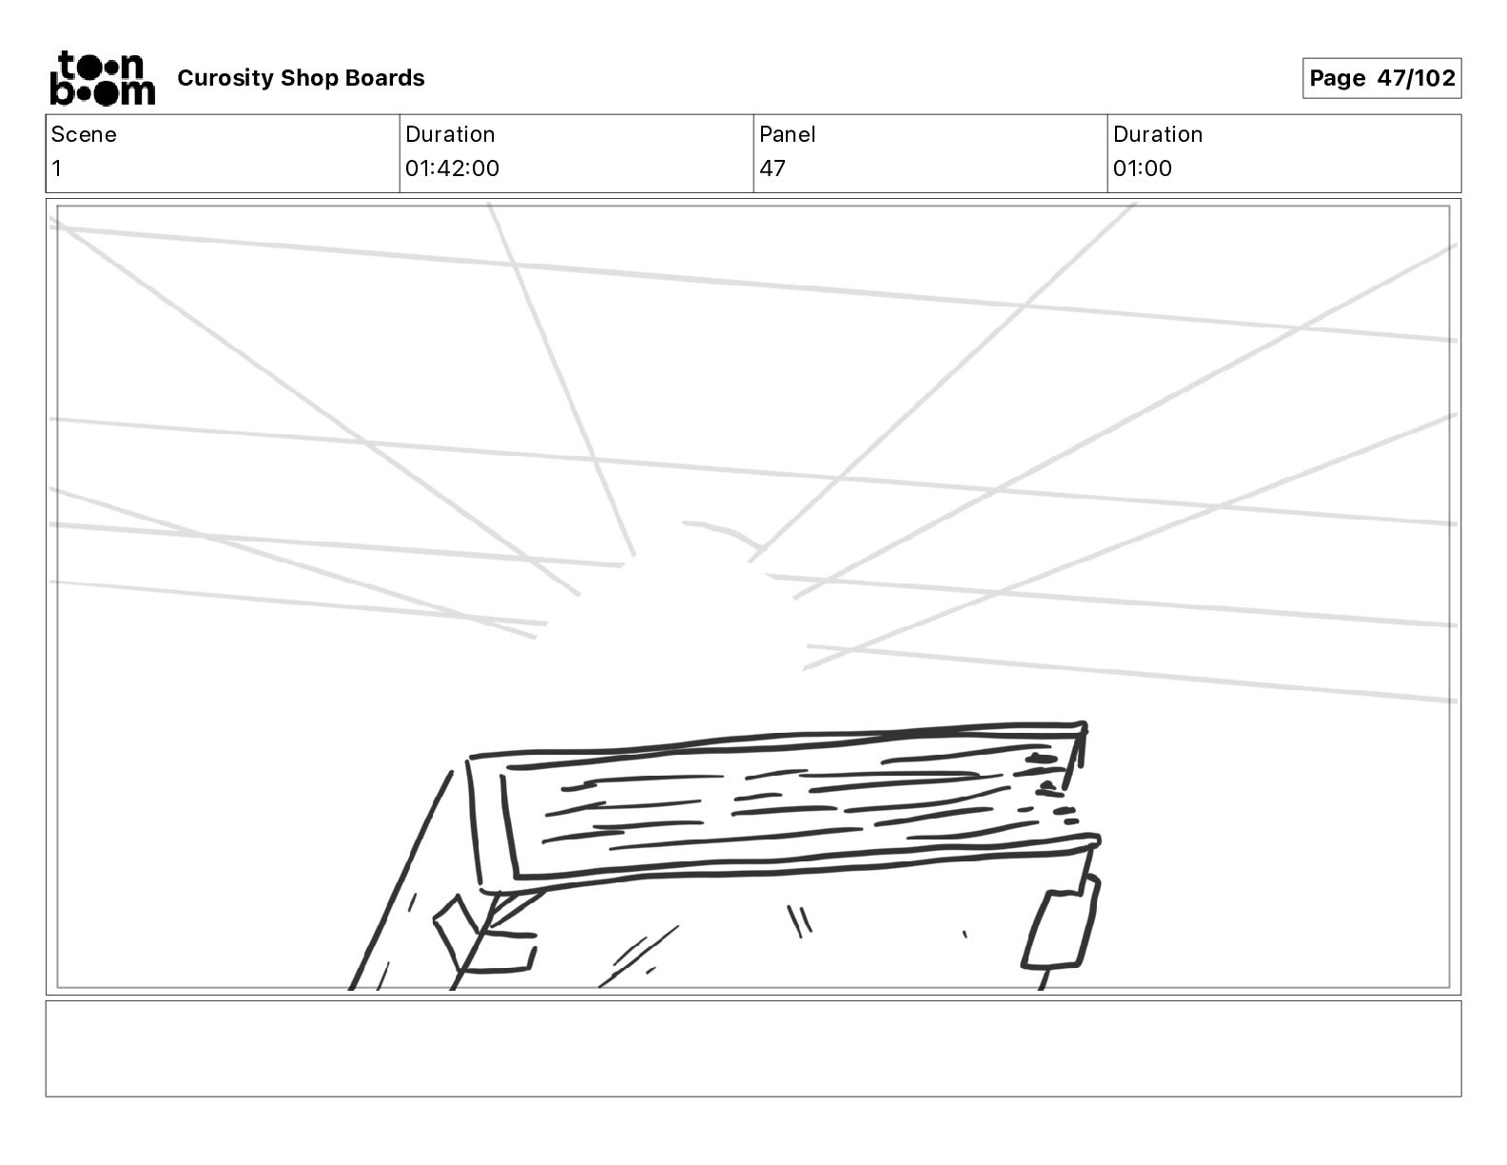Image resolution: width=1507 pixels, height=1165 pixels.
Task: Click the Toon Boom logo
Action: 102,78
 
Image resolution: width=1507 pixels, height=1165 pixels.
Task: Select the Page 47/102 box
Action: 1381,78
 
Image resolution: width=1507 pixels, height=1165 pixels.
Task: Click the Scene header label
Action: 84,134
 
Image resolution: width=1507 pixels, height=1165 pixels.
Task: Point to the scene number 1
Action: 57,168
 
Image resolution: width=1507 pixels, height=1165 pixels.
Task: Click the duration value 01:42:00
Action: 452,168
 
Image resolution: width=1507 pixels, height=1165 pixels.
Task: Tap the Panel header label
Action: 787,134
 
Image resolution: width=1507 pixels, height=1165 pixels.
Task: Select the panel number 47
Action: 773,168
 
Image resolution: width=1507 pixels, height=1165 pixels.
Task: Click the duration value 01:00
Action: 1142,168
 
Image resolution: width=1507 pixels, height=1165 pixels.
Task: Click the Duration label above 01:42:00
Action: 450,134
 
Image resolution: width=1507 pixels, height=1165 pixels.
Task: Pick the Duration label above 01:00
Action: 1157,134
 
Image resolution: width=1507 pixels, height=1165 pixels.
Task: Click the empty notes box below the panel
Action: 753,1048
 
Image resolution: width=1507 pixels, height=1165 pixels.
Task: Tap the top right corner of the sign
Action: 1083,728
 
